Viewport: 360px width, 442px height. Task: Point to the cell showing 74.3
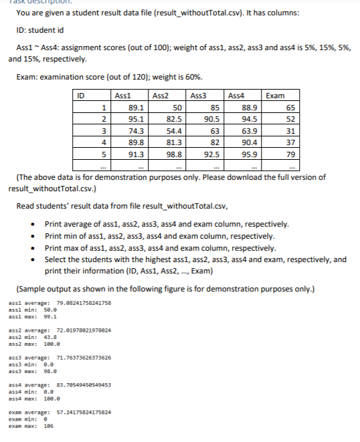[x=137, y=130]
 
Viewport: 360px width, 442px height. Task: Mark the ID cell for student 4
[x=102, y=142]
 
